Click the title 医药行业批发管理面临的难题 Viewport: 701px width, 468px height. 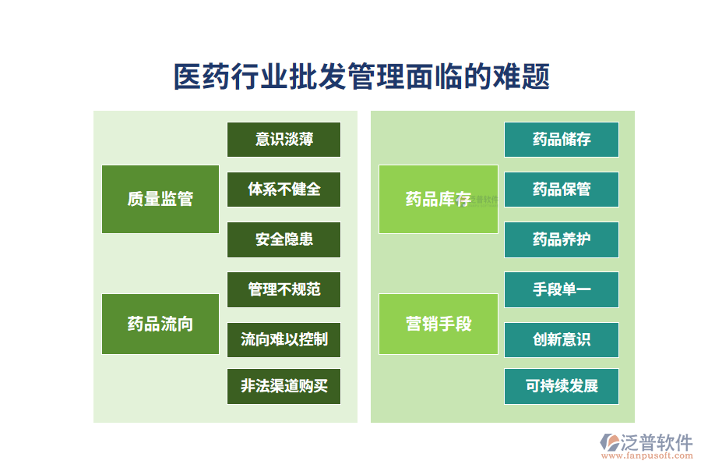click(x=361, y=77)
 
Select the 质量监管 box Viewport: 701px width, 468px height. click(x=160, y=199)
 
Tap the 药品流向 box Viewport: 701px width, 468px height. click(x=160, y=324)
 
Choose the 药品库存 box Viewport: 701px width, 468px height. click(x=438, y=199)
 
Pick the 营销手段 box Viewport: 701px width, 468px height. click(x=438, y=324)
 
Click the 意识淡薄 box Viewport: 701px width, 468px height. click(x=284, y=140)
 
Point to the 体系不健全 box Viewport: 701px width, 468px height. click(x=284, y=190)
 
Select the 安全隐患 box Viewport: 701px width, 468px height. click(x=284, y=239)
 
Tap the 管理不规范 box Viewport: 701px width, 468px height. click(x=284, y=289)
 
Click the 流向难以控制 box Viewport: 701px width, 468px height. click(x=284, y=339)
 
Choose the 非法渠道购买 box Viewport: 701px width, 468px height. click(x=284, y=386)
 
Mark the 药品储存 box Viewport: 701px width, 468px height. click(x=561, y=140)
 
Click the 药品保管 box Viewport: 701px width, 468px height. click(x=561, y=190)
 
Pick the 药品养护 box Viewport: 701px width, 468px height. click(x=561, y=239)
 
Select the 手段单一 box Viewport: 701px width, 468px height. click(x=561, y=289)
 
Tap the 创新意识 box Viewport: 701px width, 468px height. click(x=561, y=339)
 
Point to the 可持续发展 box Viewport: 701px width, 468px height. click(x=561, y=386)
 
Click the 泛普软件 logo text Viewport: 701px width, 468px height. click(x=656, y=443)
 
